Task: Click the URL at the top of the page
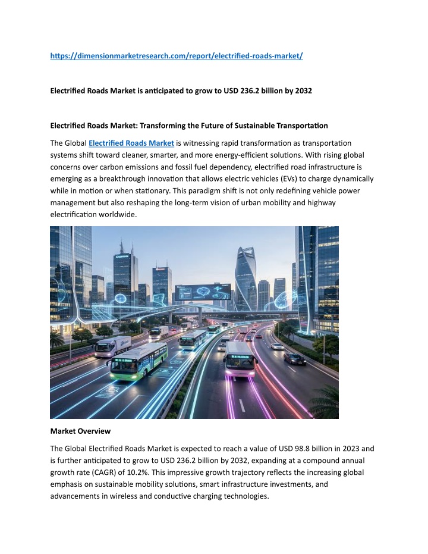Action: point(177,56)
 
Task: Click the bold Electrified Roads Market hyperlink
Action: point(131,143)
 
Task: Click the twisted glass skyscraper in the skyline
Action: point(245,280)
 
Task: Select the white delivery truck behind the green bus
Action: point(112,346)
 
